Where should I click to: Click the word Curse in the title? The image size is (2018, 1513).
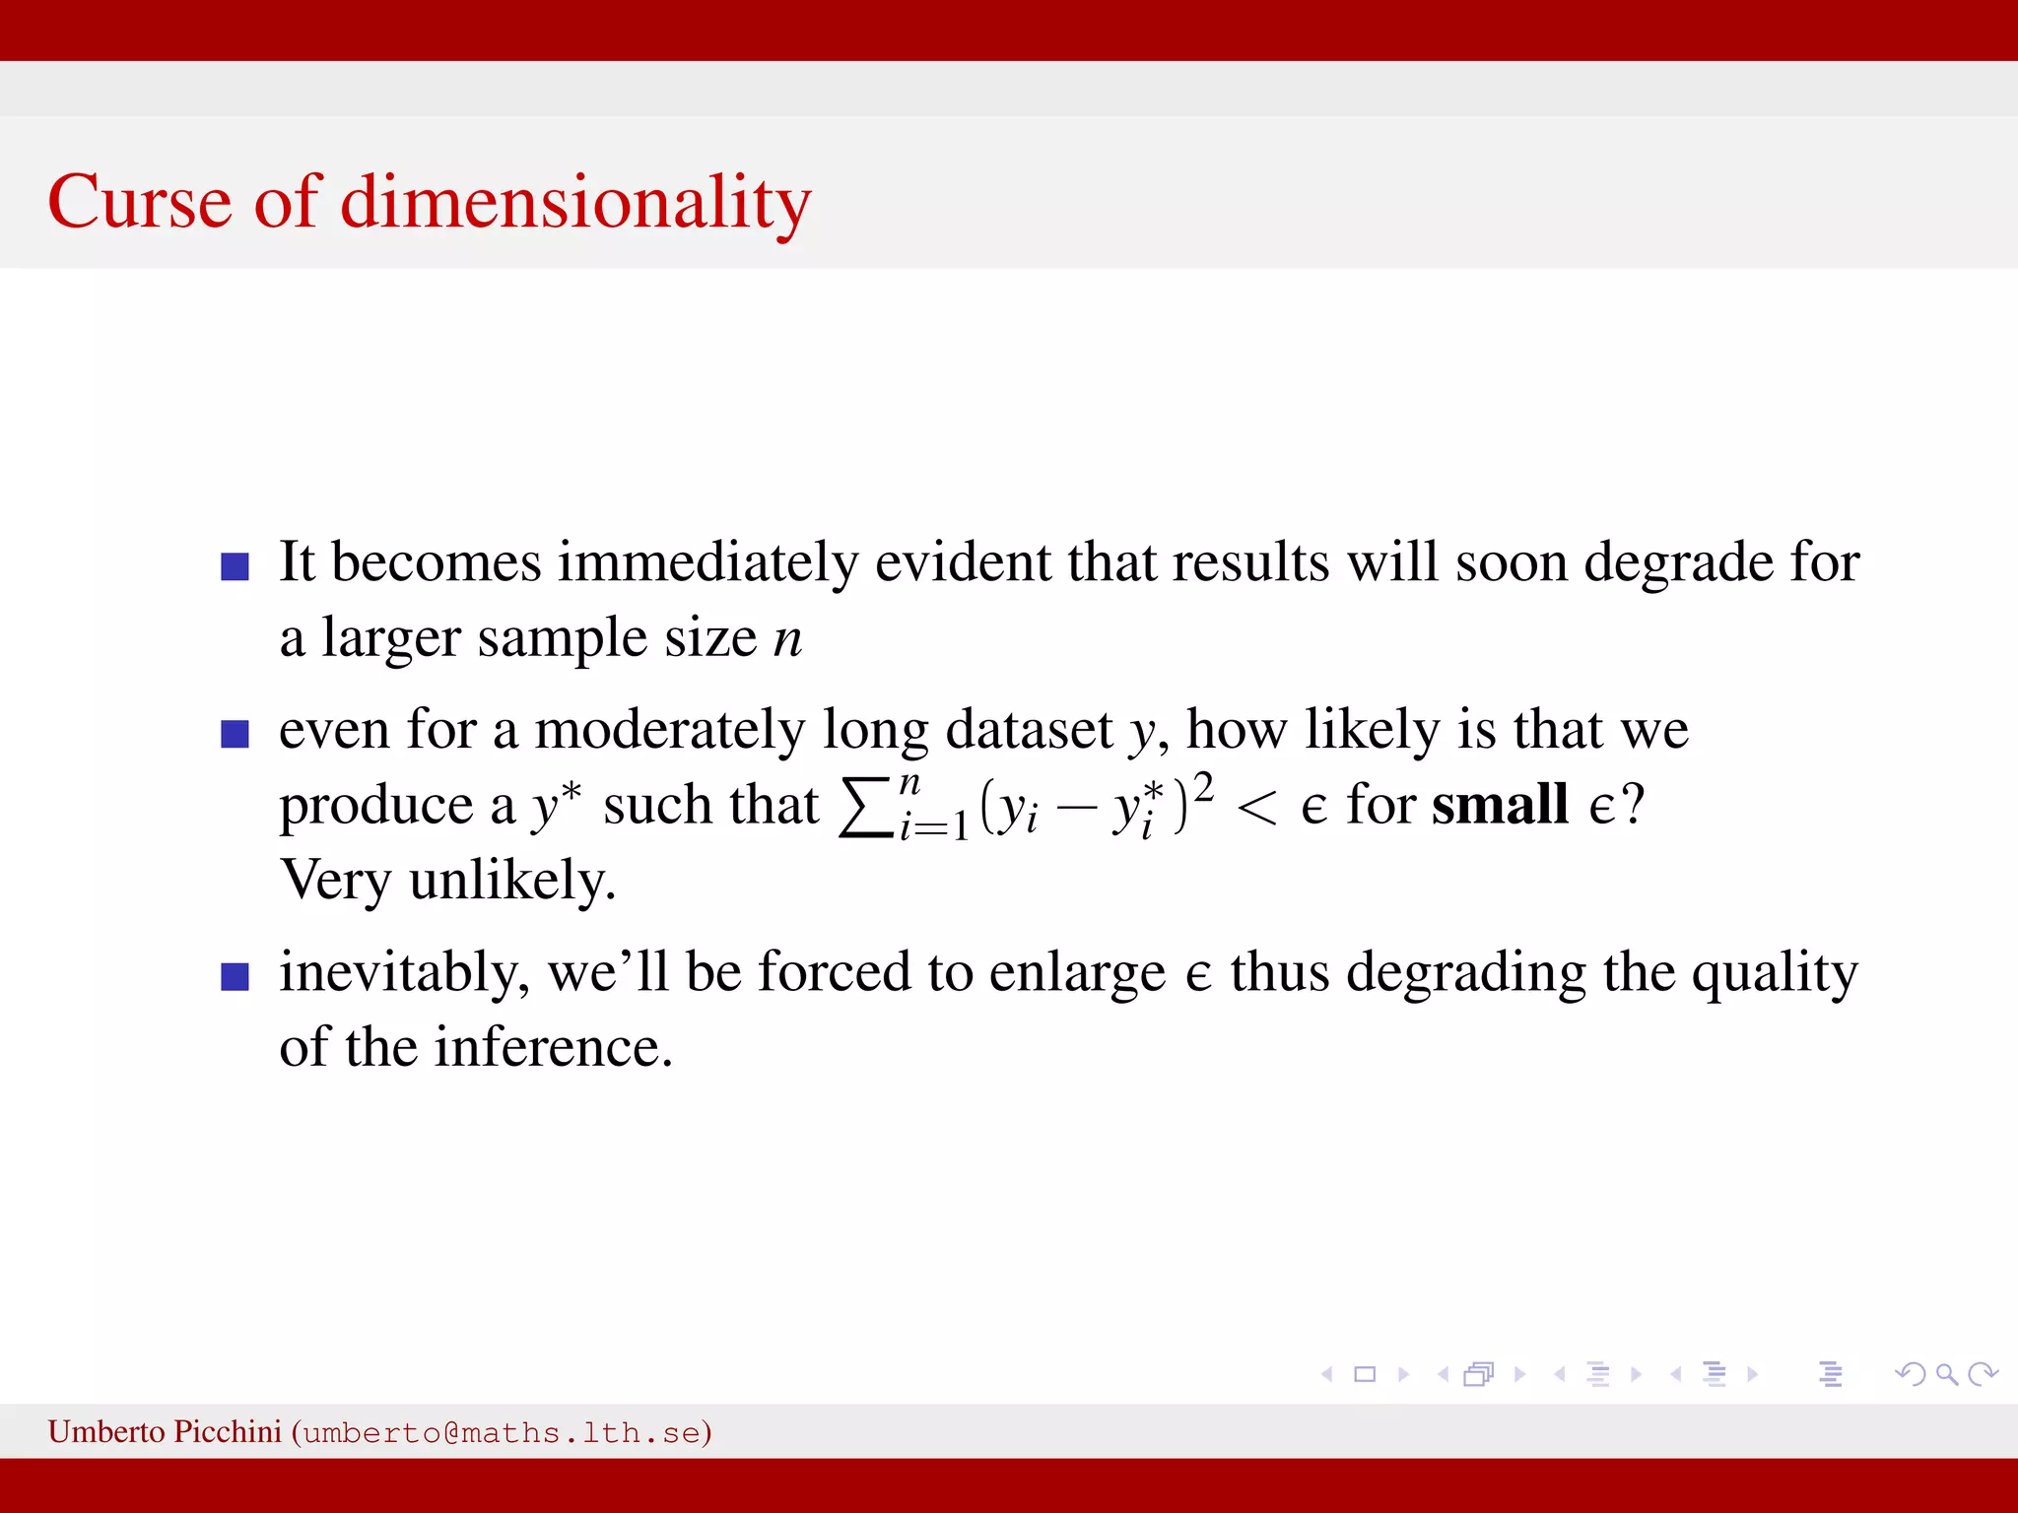(x=139, y=202)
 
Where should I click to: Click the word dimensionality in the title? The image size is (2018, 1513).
(x=575, y=202)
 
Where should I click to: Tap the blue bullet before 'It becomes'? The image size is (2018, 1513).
(x=235, y=566)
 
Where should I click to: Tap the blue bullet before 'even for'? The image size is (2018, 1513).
(x=235, y=734)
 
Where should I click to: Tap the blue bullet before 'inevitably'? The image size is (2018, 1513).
(x=235, y=976)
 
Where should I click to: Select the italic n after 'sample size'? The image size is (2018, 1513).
(x=787, y=639)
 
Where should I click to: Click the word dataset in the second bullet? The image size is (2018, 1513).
(x=1029, y=730)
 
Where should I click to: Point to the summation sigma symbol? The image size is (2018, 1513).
(x=864, y=808)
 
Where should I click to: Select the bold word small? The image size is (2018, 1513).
(x=1499, y=805)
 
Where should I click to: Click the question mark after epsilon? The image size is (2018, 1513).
(x=1633, y=805)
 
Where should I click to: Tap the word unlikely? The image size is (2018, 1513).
(x=511, y=881)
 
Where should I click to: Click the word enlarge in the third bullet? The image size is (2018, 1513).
(x=1077, y=973)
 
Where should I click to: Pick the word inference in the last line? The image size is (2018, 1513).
(x=554, y=1047)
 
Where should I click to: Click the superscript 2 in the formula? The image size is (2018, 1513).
(x=1203, y=787)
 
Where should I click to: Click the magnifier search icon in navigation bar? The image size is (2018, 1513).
(x=1946, y=1374)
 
